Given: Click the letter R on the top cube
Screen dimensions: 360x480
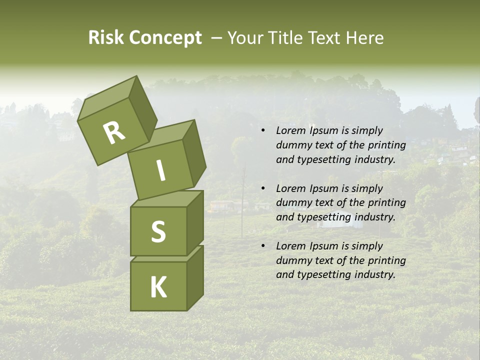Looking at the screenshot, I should pos(114,133).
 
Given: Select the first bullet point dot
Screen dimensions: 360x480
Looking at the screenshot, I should pos(263,131).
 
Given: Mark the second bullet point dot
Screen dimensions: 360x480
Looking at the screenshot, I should pos(263,189).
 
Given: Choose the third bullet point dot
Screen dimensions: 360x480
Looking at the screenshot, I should pos(263,246).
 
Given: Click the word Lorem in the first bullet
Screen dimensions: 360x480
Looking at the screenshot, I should pos(290,130).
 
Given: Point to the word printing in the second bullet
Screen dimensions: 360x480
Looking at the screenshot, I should pos(386,203).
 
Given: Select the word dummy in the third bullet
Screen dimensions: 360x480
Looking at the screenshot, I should pos(292,260).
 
